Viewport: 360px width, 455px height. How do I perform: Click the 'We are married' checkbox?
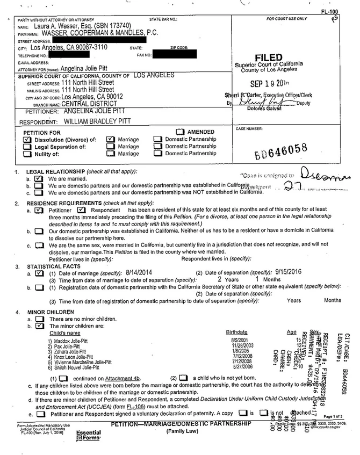click(38, 178)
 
